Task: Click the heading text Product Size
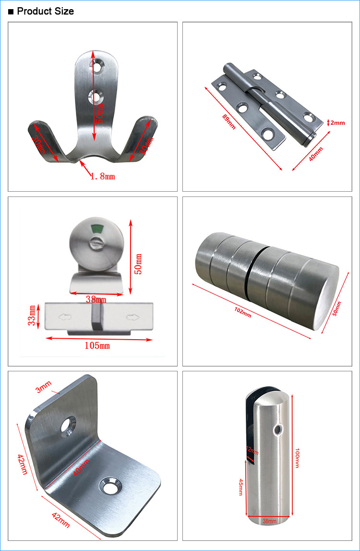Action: coord(45,11)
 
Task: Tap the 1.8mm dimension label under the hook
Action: coord(103,176)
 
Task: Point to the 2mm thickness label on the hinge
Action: coord(337,123)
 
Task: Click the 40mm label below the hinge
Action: coord(316,154)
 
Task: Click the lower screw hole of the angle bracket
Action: coord(110,486)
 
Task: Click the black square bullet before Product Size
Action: coord(11,12)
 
